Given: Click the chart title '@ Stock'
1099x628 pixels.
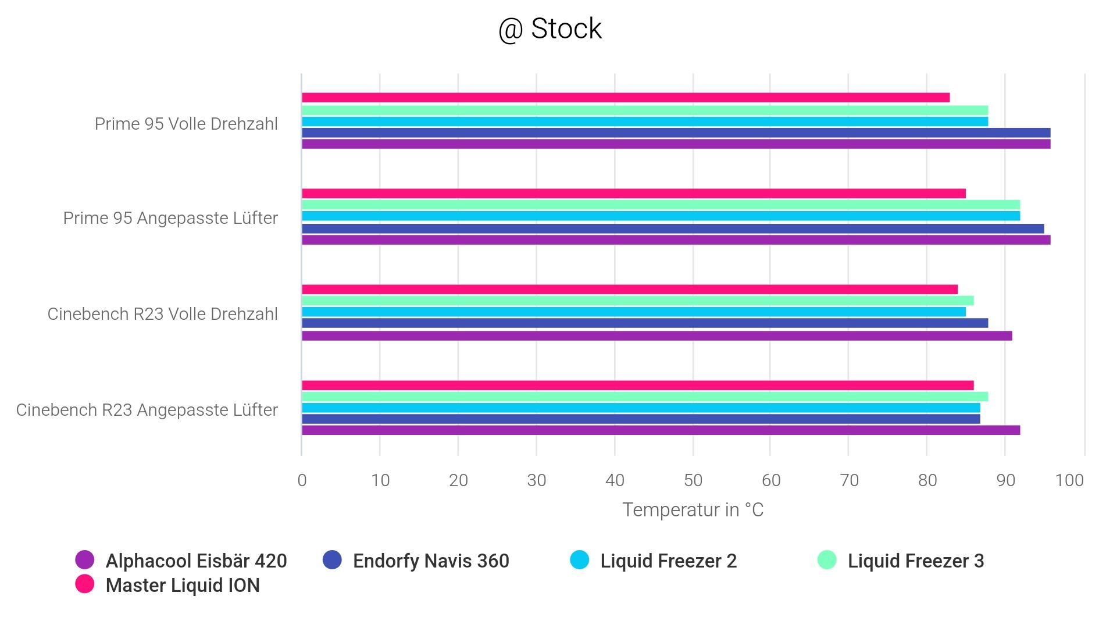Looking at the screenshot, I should pyautogui.click(x=550, y=29).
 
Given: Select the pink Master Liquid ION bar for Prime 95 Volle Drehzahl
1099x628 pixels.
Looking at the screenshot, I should pyautogui.click(x=625, y=98).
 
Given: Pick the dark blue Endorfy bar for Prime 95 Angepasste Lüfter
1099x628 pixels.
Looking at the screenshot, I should pyautogui.click(x=672, y=229).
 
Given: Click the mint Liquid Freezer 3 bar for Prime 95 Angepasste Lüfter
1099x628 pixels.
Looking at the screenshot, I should pyautogui.click(x=661, y=205).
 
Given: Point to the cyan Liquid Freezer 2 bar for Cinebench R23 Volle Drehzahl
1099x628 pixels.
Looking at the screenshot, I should pyautogui.click(x=633, y=312).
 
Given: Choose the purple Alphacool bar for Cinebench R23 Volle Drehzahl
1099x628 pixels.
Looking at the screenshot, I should pyautogui.click(x=656, y=336).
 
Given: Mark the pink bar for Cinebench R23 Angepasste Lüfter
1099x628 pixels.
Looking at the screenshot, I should pyautogui.click(x=637, y=385).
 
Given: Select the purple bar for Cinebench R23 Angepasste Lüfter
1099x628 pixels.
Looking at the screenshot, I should pyautogui.click(x=661, y=430).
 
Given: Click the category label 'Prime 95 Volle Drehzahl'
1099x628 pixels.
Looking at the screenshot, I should pyautogui.click(x=186, y=124).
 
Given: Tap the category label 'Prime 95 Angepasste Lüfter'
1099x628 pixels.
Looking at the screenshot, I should pyautogui.click(x=170, y=218).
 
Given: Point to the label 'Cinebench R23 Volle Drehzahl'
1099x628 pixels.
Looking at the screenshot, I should pyautogui.click(x=163, y=314).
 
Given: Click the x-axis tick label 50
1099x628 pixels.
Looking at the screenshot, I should pyautogui.click(x=693, y=480).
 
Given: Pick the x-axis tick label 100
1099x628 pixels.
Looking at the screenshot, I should pyautogui.click(x=1069, y=480).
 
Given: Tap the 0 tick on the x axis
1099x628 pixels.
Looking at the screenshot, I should pyautogui.click(x=302, y=480).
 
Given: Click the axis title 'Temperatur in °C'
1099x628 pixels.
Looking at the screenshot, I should pyautogui.click(x=693, y=510).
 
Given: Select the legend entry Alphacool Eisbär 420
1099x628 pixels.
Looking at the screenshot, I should pyautogui.click(x=196, y=561).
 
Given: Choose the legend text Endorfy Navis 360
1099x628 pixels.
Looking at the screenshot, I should pyautogui.click(x=431, y=561).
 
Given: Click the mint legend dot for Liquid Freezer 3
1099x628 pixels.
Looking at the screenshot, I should pyautogui.click(x=827, y=560).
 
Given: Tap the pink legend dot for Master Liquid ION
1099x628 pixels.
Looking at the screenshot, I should pyautogui.click(x=85, y=584).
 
